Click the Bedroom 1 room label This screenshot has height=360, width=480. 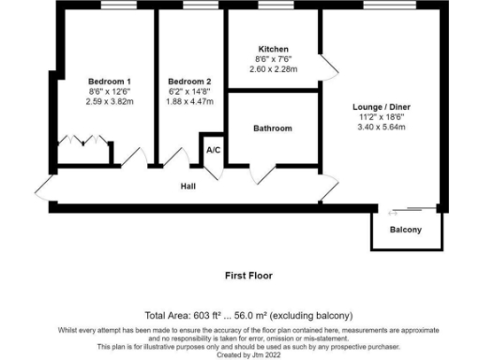(110, 82)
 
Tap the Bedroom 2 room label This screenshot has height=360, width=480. (189, 82)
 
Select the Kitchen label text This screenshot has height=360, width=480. (273, 49)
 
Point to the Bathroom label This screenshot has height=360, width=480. (273, 128)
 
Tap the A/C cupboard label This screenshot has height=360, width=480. (213, 150)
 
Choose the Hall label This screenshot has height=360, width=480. (187, 187)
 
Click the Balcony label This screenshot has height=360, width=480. (405, 230)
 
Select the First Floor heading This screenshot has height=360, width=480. (248, 277)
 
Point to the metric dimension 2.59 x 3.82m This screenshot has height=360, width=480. (110, 102)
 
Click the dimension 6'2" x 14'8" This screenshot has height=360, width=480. (189, 92)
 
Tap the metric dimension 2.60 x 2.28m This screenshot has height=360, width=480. (273, 69)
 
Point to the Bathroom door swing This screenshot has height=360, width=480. (263, 172)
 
